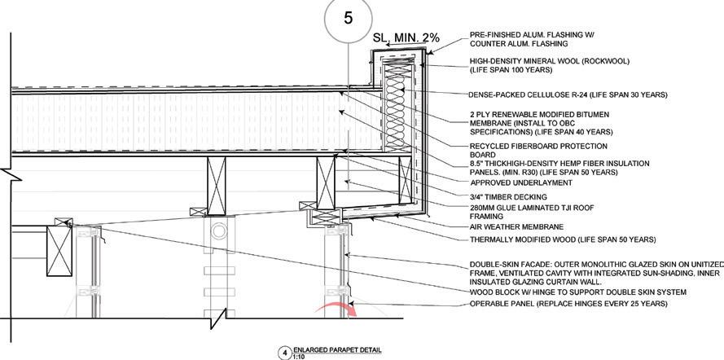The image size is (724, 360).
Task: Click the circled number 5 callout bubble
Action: (x=348, y=20)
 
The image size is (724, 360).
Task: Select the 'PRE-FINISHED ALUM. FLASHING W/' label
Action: (x=532, y=35)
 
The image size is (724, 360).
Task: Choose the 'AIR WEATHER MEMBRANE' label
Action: (x=516, y=226)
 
